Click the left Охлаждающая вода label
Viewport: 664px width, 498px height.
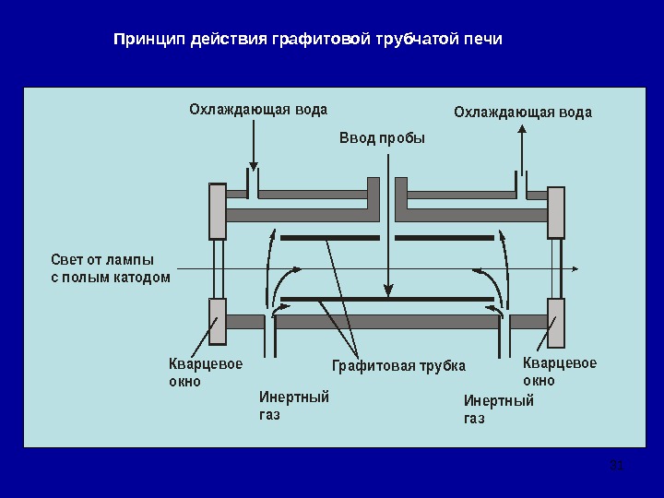[x=258, y=110]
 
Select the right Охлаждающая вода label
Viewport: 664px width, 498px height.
[x=523, y=113]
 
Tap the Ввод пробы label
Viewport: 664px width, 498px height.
[x=383, y=139]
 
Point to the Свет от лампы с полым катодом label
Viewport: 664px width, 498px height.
[x=110, y=267]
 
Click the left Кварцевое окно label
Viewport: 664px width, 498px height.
[x=205, y=372]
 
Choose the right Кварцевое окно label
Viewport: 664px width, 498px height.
[x=559, y=371]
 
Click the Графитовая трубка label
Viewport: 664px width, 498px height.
[x=398, y=366]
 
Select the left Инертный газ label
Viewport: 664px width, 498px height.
[x=293, y=406]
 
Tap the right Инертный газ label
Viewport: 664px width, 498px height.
[x=498, y=409]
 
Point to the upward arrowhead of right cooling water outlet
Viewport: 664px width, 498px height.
[x=522, y=131]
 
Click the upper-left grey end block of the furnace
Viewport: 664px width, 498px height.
[x=218, y=211]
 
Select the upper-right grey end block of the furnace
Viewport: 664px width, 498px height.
[x=556, y=212]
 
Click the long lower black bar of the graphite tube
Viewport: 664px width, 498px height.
[x=387, y=299]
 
